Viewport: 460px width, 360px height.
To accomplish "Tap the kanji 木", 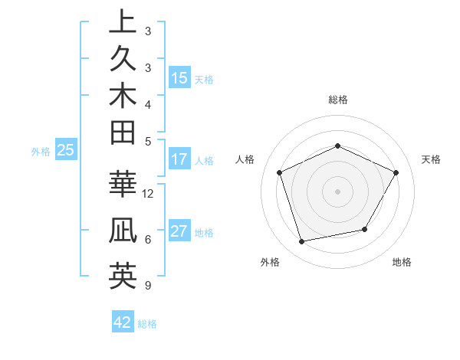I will coord(123,97).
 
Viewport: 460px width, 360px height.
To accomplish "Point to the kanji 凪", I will coord(123,232).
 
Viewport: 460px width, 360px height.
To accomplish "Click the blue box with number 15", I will coord(179,77).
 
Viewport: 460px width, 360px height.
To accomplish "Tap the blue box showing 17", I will coord(179,160).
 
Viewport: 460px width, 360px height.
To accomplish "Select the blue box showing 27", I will coord(179,232).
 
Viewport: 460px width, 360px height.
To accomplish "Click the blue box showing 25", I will coord(65,151).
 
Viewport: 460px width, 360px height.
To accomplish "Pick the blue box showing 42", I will coord(123,322).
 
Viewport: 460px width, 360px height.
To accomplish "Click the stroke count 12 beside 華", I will coord(149,194).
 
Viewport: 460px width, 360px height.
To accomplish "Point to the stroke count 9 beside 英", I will coord(146,286).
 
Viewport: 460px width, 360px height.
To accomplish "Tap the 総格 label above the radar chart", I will coord(338,100).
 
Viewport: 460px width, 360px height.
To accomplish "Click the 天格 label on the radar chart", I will coord(431,159).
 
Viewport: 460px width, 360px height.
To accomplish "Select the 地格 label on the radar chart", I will coord(402,262).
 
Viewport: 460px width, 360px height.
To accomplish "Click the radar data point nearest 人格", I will coord(280,172).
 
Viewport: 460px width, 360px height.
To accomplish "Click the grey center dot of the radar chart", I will coord(338,191).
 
